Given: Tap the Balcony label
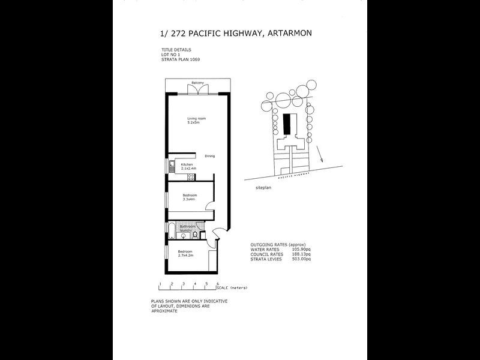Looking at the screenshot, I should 198,82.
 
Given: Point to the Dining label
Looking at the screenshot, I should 210,156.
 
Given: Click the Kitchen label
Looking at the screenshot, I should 187,164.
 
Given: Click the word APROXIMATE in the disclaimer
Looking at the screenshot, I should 164,312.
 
